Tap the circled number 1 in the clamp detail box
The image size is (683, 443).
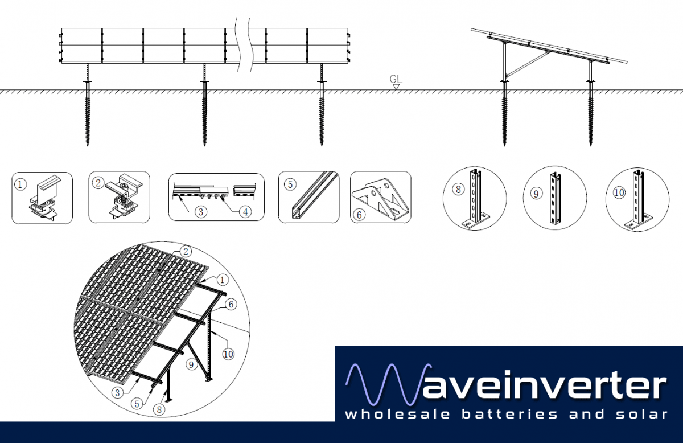click(20, 184)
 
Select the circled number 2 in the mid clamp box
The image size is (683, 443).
click(98, 183)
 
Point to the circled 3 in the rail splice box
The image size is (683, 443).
click(200, 212)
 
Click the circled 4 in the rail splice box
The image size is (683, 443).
click(244, 212)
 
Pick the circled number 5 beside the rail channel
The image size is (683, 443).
click(290, 184)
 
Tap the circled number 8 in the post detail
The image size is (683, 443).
click(458, 190)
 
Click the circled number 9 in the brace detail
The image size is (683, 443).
click(536, 194)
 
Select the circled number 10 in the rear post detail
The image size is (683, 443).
click(619, 192)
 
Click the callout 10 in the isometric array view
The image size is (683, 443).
click(228, 354)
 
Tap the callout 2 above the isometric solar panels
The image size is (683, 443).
click(184, 251)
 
